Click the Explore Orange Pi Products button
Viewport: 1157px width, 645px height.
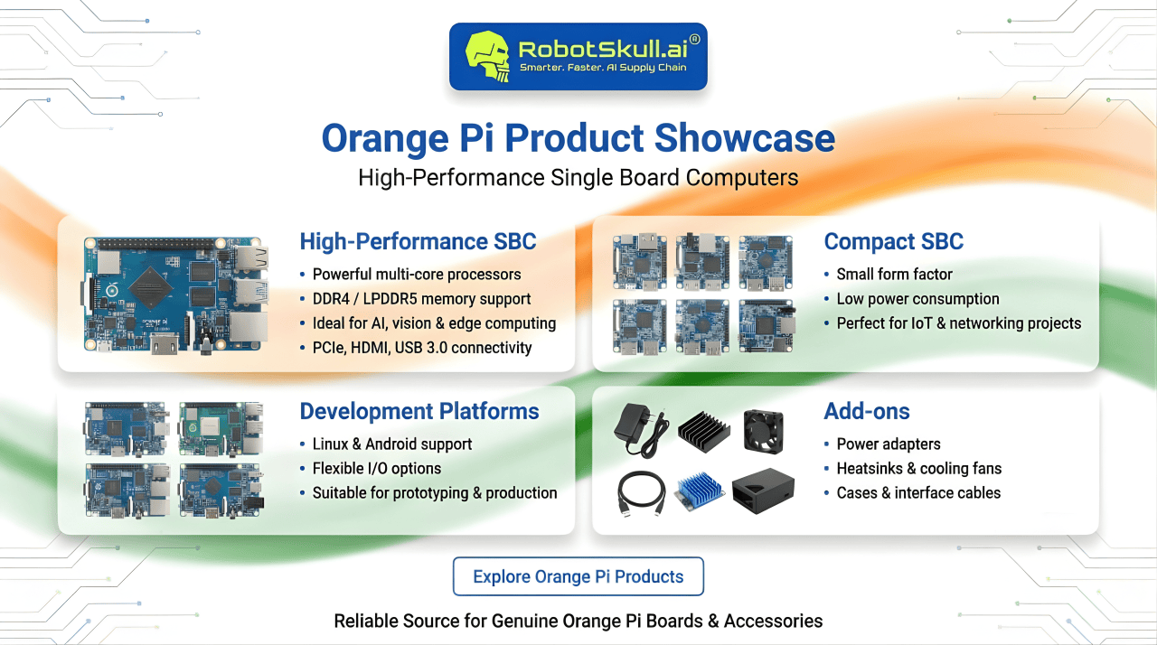(578, 576)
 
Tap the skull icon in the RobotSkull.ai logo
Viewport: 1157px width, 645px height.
(487, 56)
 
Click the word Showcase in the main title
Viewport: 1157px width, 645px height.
(744, 138)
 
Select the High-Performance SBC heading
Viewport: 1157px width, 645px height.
(418, 241)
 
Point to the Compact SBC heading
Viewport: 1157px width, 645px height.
(894, 241)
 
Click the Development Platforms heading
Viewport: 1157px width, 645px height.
(419, 411)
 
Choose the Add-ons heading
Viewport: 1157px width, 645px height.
(867, 411)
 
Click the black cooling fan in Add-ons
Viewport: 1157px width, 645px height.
(764, 432)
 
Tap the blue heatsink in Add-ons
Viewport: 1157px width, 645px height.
(699, 491)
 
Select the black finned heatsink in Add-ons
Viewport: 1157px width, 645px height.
(703, 433)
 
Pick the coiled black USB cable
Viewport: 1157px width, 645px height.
(641, 493)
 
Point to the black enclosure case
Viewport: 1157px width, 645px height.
(763, 491)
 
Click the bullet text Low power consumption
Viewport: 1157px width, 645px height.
(917, 299)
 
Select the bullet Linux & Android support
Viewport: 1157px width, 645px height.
(392, 444)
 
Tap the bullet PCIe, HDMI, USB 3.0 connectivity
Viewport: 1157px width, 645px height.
(422, 348)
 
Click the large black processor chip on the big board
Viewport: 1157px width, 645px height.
(151, 288)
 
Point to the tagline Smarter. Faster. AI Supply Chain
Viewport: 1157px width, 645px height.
(603, 68)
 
